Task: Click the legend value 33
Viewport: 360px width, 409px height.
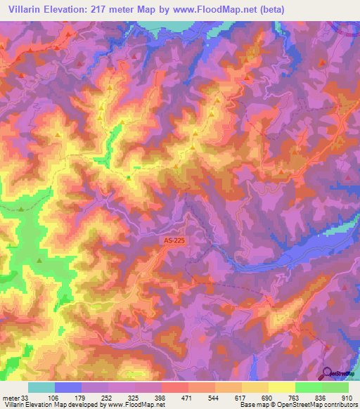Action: click(25, 397)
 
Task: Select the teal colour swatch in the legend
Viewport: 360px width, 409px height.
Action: click(41, 387)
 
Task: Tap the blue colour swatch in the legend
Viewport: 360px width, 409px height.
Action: click(68, 387)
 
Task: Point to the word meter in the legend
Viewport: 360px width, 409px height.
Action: click(9, 397)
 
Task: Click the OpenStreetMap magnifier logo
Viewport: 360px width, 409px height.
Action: click(327, 373)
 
